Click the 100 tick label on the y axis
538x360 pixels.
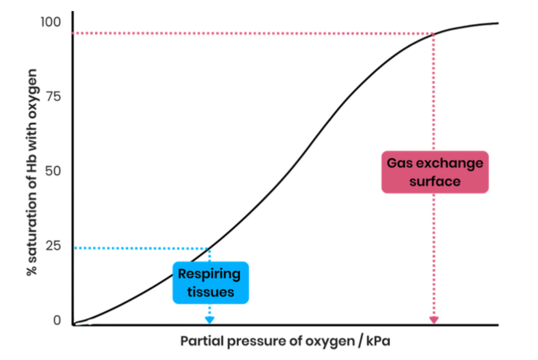[51, 22]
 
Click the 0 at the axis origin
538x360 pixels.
[57, 321]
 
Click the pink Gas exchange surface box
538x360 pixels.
[434, 172]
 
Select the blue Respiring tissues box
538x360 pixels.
[209, 282]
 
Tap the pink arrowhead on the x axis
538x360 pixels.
[434, 320]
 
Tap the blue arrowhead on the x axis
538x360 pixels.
[209, 320]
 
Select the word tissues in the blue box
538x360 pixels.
[209, 292]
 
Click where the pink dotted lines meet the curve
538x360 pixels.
[434, 33]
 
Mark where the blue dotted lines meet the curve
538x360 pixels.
[209, 248]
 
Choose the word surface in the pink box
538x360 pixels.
[434, 181]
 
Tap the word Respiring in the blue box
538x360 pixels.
[209, 274]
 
